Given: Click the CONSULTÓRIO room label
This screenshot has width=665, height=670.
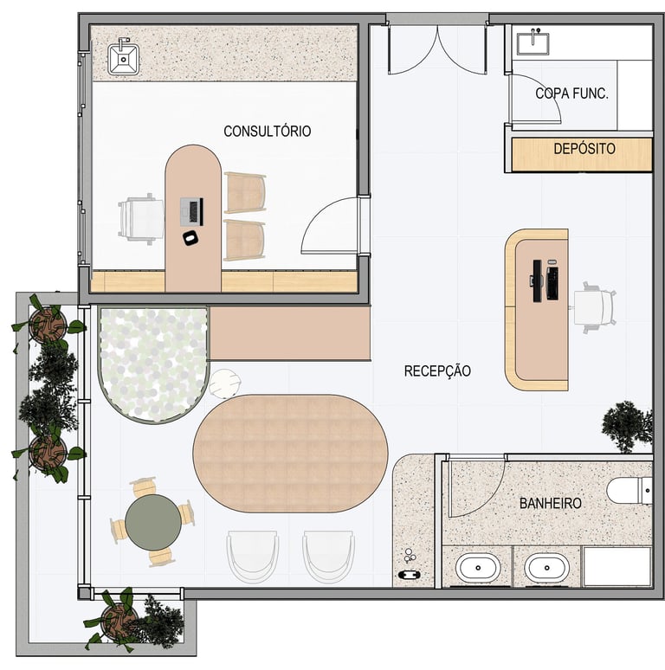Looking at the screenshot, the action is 267,131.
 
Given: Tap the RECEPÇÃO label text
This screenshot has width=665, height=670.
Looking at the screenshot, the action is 437,370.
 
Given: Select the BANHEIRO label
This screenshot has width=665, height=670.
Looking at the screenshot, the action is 551,503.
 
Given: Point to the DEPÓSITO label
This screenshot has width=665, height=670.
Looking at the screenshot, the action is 584,149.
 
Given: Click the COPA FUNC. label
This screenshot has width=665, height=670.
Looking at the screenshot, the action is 571,93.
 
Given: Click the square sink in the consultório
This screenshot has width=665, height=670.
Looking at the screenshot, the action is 123,58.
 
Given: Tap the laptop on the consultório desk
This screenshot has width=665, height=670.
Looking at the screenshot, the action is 191,211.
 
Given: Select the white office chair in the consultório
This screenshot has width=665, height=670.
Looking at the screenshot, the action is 141,219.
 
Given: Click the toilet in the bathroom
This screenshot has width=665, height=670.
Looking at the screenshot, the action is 629,491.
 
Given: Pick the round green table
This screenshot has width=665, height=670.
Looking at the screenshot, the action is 153,522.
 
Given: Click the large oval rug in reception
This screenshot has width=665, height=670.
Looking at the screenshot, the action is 291,453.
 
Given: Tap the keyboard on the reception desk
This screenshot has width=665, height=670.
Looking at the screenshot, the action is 552,283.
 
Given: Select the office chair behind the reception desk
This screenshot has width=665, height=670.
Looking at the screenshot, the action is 594,307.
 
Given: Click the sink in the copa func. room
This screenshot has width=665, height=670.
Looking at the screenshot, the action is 533,42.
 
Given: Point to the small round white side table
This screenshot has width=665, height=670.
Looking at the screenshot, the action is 225,383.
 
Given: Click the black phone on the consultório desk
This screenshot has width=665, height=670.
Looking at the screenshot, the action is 190,237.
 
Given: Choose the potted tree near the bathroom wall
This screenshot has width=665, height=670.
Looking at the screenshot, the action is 627,426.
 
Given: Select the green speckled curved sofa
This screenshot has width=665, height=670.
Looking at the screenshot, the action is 153,364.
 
